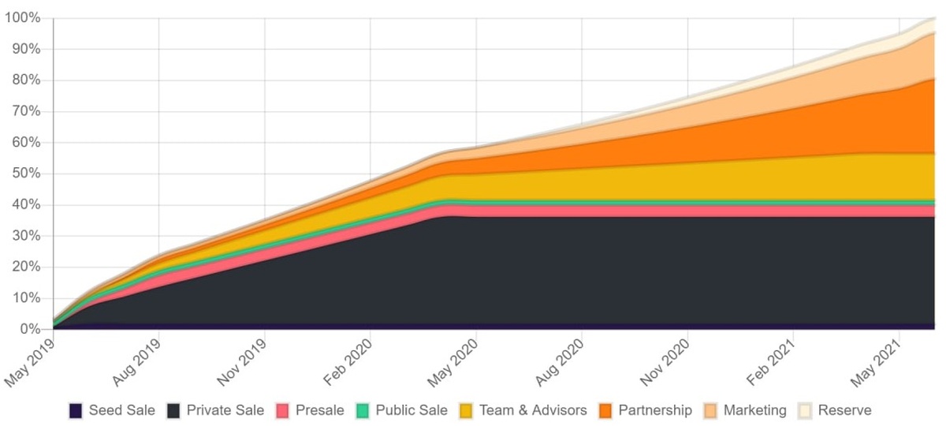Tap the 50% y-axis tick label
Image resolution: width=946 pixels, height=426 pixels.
point(25,174)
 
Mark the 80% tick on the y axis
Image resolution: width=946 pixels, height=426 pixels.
point(25,80)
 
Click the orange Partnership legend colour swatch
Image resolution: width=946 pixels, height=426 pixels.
point(605,410)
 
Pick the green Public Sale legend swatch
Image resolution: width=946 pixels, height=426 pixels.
point(363,410)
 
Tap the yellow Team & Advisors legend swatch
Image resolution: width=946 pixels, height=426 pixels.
point(467,410)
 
